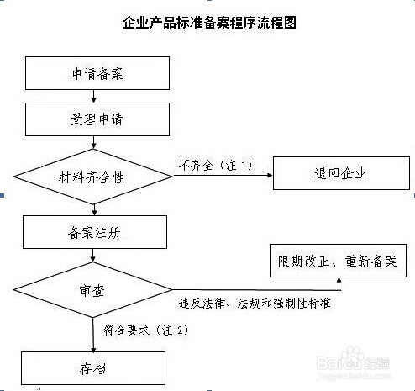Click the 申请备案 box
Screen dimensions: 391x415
tap(97, 73)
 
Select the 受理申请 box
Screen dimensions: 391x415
tap(97, 119)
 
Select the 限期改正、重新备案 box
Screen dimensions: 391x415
tap(339, 262)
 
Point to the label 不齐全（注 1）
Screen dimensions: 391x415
tap(215, 165)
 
